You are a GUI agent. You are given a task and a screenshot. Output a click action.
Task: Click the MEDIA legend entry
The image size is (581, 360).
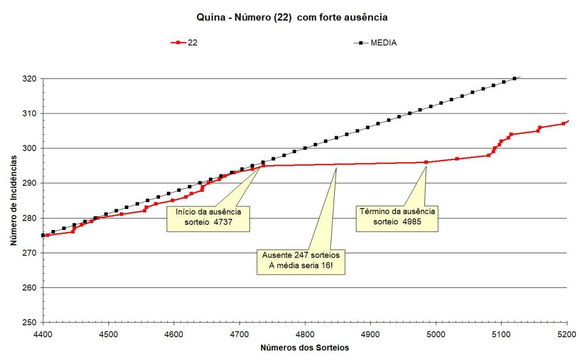pos(377,43)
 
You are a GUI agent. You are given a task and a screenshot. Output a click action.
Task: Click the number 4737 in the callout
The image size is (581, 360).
pos(224,223)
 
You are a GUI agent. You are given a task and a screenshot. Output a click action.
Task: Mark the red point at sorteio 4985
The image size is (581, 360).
pos(426,162)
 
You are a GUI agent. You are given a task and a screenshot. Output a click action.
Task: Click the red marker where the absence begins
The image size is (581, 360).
pos(263,165)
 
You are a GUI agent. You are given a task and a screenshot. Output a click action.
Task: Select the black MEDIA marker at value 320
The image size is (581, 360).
pos(515,78)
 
